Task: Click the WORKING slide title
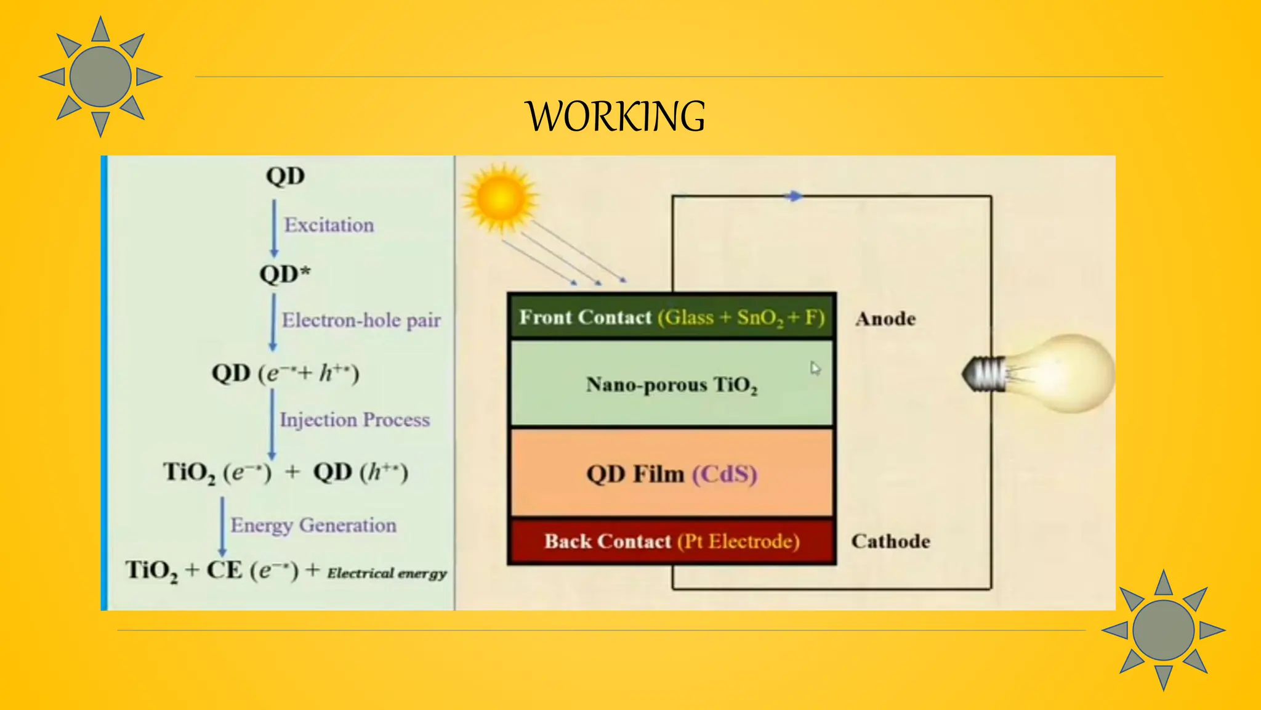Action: (x=615, y=116)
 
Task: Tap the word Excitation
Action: (x=329, y=225)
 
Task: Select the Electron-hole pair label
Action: (x=361, y=320)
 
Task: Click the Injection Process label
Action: (x=355, y=420)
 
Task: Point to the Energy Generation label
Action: (x=313, y=525)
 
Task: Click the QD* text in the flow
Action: (x=284, y=274)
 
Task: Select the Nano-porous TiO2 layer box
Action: (x=671, y=384)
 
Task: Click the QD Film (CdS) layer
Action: (x=671, y=474)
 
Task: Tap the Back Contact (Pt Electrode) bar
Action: (x=671, y=541)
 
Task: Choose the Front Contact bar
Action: (x=671, y=317)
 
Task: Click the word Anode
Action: (x=885, y=319)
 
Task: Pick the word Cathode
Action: (x=890, y=541)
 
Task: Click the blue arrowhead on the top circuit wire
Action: (x=794, y=196)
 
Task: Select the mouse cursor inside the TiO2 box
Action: (x=815, y=369)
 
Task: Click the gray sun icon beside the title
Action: (x=100, y=77)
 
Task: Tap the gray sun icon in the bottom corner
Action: (x=1163, y=630)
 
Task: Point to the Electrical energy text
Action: (x=387, y=573)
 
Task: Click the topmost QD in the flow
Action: (x=285, y=176)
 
